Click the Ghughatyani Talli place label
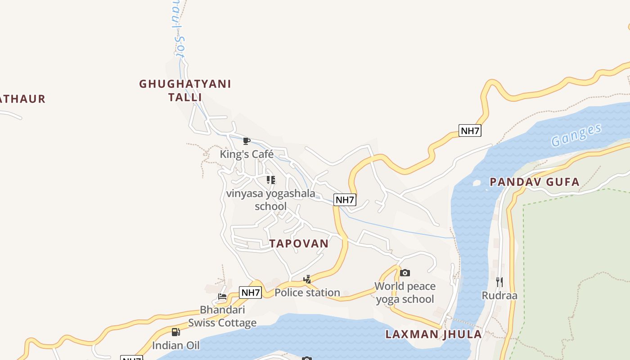[x=185, y=90]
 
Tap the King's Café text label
[x=247, y=154]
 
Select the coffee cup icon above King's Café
[x=246, y=141]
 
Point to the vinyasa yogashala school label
[x=270, y=200]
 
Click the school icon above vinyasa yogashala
[x=270, y=180]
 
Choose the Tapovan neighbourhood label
[x=299, y=243]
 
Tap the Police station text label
[x=307, y=292]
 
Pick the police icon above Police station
[x=307, y=279]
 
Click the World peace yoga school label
[x=405, y=292]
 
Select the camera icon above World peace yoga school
[x=405, y=273]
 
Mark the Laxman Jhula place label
[x=434, y=334]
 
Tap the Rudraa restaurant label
[x=499, y=296]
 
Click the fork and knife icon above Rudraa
[x=499, y=282]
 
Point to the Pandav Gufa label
[x=535, y=182]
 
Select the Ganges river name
[x=576, y=135]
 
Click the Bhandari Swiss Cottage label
[x=222, y=316]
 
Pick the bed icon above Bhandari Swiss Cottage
[x=222, y=296]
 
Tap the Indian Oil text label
[x=175, y=346]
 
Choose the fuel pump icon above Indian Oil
[x=175, y=332]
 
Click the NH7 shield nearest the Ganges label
[x=470, y=130]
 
